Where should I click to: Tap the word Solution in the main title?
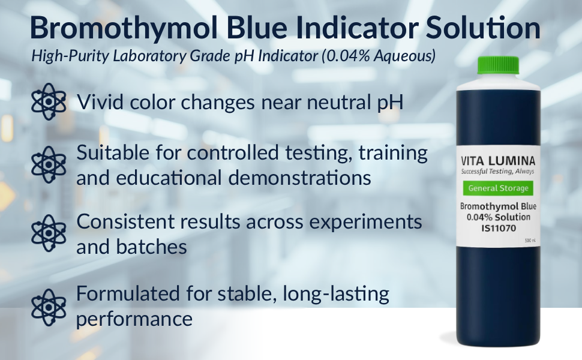click(483, 28)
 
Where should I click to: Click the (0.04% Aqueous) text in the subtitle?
click(379, 56)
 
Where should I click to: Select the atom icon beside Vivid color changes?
click(49, 101)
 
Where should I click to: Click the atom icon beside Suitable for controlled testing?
click(49, 164)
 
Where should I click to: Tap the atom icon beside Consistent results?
click(49, 233)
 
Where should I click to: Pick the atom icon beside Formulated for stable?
click(49, 307)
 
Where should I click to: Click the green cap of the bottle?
click(498, 65)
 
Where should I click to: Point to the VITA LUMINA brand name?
click(498, 161)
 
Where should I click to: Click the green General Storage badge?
click(498, 188)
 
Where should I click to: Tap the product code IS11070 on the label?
click(499, 228)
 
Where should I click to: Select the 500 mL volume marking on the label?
click(530, 241)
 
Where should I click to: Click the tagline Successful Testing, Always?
click(498, 172)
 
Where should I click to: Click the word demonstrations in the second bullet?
click(299, 178)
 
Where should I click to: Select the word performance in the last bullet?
click(134, 319)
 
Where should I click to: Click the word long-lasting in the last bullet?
click(336, 294)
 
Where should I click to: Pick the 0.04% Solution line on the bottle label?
click(499, 217)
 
